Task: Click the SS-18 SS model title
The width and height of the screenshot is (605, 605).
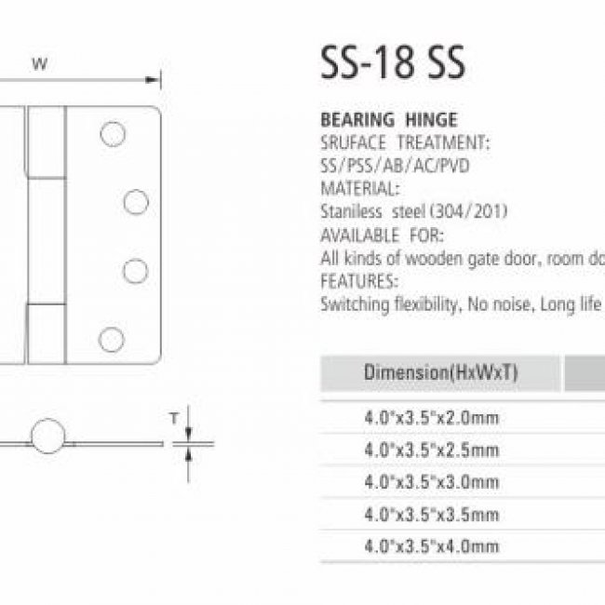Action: tap(393, 63)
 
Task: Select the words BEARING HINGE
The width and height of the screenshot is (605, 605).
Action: tap(389, 120)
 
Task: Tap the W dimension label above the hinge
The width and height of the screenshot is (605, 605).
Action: tap(40, 63)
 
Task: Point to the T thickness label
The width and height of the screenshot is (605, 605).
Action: tap(174, 418)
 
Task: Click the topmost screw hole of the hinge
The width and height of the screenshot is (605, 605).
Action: tap(113, 134)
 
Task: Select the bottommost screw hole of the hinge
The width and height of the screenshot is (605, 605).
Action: tap(112, 340)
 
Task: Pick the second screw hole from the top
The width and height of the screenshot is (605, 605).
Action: tap(136, 202)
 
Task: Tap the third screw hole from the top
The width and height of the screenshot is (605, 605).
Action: tap(136, 271)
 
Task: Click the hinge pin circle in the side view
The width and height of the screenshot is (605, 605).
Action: tap(47, 436)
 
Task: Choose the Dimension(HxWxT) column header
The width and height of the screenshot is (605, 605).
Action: tap(440, 372)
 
